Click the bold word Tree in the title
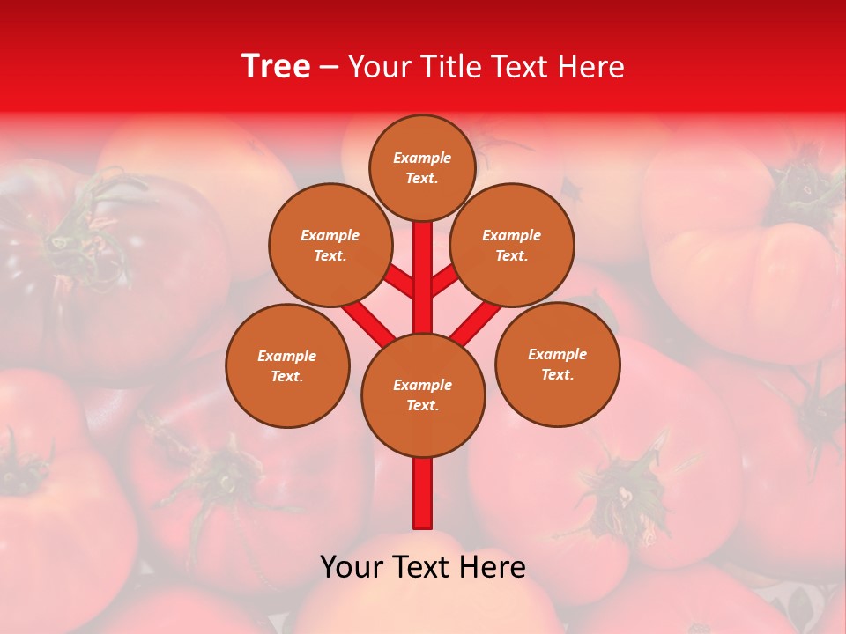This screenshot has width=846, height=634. (x=276, y=67)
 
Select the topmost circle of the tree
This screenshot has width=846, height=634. (x=422, y=167)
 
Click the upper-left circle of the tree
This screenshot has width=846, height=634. (x=330, y=246)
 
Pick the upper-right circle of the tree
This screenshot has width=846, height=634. (x=511, y=246)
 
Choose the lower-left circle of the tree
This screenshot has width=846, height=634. (x=286, y=365)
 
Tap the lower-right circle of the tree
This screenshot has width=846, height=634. (x=557, y=364)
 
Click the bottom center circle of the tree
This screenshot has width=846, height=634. (x=423, y=395)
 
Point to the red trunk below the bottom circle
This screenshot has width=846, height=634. (x=423, y=493)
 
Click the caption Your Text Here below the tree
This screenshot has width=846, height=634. (x=423, y=567)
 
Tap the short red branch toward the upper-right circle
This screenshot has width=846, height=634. (x=446, y=281)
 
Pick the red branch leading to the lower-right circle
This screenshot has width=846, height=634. (x=476, y=322)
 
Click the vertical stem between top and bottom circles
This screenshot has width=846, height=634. (x=423, y=273)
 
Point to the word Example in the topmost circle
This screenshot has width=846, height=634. (x=422, y=158)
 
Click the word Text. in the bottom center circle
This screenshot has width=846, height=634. (x=422, y=406)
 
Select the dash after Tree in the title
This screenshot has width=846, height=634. (x=329, y=67)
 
